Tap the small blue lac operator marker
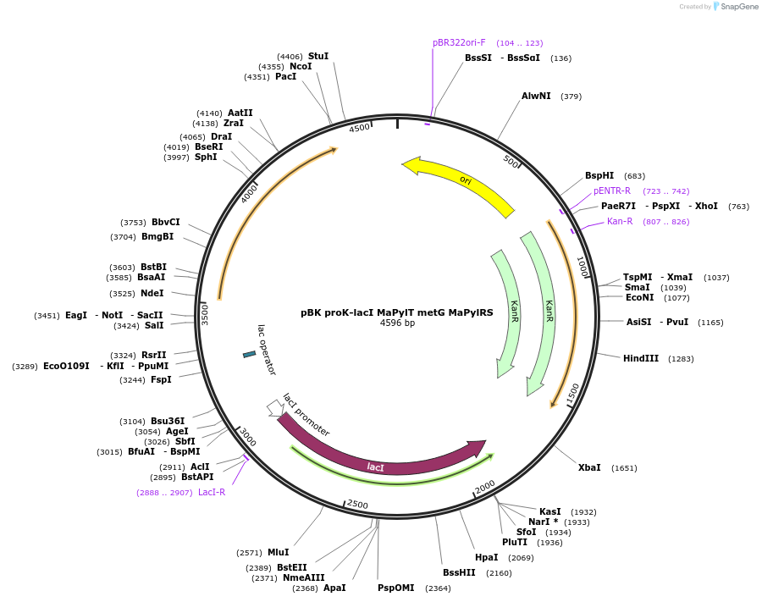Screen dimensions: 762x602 point(249,355)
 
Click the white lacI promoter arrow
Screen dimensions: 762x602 point(276,408)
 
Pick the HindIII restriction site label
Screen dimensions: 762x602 point(641,359)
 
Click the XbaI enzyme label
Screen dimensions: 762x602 point(589,467)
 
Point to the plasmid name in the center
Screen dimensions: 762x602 point(396,312)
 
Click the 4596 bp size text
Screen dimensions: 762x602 point(398,323)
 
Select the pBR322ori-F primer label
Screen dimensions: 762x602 point(459,42)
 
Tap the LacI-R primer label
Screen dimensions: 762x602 point(212,492)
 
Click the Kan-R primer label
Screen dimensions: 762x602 point(620,222)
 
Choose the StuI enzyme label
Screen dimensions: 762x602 point(318,57)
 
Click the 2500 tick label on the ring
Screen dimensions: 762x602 point(357,505)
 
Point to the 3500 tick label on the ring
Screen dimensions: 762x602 point(205,315)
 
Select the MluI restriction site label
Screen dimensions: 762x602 point(279,552)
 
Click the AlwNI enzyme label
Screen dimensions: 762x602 point(536,97)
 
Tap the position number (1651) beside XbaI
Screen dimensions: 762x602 point(624,468)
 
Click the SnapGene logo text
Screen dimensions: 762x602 point(739,6)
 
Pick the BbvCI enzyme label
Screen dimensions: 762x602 point(166,222)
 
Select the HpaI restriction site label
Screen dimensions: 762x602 point(487,557)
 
